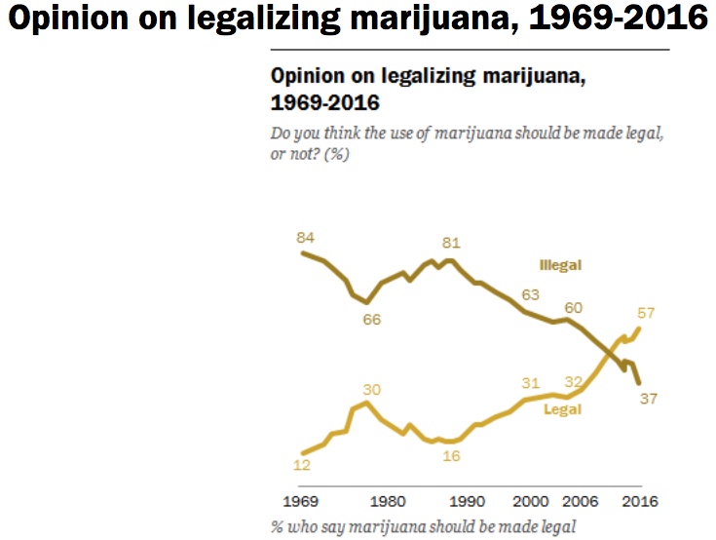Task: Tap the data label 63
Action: click(x=532, y=294)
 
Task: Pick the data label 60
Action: click(x=574, y=308)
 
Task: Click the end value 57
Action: click(x=647, y=314)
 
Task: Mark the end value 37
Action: click(x=647, y=399)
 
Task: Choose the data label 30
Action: click(x=371, y=389)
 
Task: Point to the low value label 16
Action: click(x=451, y=456)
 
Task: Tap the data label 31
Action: click(x=530, y=382)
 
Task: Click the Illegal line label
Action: click(x=561, y=265)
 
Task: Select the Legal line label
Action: click(x=561, y=409)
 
